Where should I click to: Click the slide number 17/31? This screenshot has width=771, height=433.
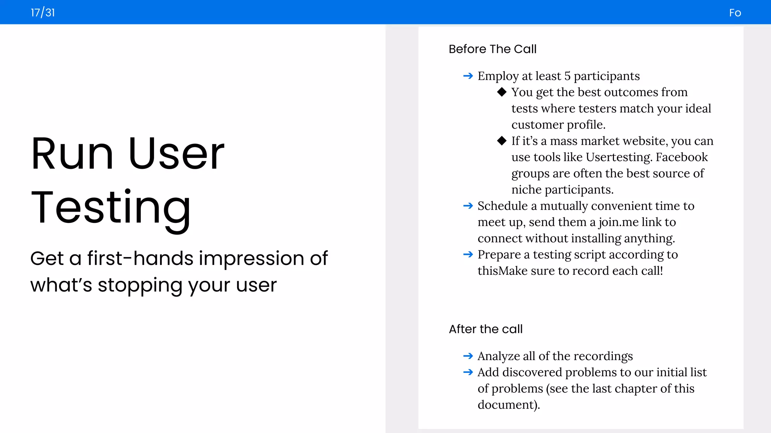click(x=43, y=13)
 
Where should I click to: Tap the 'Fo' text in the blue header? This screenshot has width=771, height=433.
click(x=735, y=13)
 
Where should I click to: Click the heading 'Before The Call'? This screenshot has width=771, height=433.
click(x=492, y=49)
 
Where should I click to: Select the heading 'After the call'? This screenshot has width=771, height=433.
click(x=486, y=329)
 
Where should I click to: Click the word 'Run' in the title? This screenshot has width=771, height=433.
click(x=72, y=154)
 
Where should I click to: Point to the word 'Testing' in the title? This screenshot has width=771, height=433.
click(x=111, y=208)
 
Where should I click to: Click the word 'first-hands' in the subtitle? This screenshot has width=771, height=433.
click(x=140, y=259)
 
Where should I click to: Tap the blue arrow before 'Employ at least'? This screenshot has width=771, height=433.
click(x=468, y=76)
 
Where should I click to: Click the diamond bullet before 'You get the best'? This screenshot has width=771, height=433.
click(x=501, y=92)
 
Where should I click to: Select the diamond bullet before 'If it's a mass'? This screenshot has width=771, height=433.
click(x=501, y=141)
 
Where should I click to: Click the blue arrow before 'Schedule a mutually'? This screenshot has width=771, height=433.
click(x=468, y=206)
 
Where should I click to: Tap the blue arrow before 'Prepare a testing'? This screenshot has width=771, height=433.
click(x=468, y=255)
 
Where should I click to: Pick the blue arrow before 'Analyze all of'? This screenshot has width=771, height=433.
click(x=468, y=356)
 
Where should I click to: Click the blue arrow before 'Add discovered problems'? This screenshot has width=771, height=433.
click(x=468, y=372)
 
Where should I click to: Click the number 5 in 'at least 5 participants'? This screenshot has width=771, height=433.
click(x=567, y=76)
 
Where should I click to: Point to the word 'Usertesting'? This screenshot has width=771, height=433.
click(x=619, y=157)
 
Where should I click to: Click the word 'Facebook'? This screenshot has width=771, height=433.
click(x=681, y=157)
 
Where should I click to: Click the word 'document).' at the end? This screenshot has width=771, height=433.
click(x=509, y=405)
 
